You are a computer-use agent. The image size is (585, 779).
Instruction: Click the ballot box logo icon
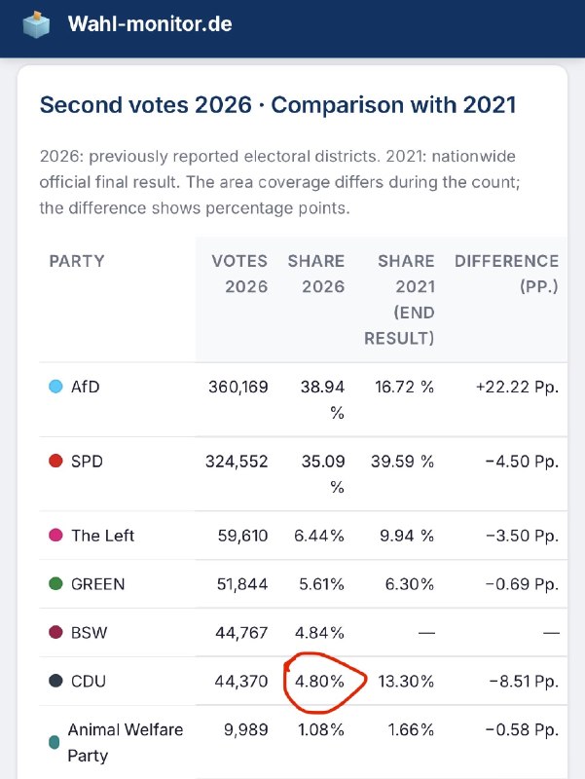[x=36, y=24]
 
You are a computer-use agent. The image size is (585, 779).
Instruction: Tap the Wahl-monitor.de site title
[x=150, y=23]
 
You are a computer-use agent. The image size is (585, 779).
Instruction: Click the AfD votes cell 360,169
[x=238, y=387]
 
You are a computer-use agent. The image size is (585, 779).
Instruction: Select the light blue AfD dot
[x=55, y=387]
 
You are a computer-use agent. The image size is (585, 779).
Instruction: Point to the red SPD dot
[x=55, y=461]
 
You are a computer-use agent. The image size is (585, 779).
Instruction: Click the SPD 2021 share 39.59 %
[x=403, y=461]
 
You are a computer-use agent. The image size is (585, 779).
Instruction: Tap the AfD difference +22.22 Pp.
[x=518, y=387]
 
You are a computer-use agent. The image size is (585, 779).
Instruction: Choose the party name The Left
[x=103, y=536]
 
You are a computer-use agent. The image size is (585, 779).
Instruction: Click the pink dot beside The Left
[x=55, y=535]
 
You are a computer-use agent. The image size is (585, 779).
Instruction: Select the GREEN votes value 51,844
[x=242, y=583]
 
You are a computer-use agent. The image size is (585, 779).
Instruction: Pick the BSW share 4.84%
[x=319, y=632]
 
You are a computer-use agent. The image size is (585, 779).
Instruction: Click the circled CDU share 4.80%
[x=319, y=681]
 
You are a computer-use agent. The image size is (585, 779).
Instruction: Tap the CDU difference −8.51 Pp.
[x=524, y=681]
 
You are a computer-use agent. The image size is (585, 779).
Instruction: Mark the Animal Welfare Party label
[x=126, y=743]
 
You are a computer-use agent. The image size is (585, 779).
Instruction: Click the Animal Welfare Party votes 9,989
[x=246, y=729]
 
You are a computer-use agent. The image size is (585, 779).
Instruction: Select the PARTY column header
[x=77, y=261]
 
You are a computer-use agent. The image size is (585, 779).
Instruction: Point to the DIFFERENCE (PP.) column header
[x=506, y=274]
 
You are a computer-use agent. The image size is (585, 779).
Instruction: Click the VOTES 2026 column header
[x=239, y=274]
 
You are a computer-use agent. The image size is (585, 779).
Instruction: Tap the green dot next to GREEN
[x=55, y=583]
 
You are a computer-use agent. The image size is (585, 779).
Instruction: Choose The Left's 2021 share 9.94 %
[x=407, y=536]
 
